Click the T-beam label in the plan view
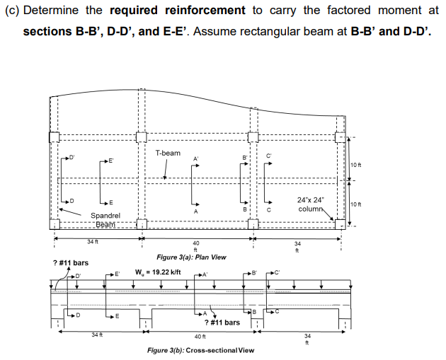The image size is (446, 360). [x=167, y=153]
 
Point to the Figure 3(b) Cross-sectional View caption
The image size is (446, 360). [x=200, y=350]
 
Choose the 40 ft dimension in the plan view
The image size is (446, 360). [x=196, y=245]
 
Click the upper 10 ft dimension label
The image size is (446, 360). [x=355, y=166]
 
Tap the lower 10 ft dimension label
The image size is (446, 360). [x=355, y=204]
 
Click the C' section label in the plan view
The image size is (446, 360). [x=268, y=156]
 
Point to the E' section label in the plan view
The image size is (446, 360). [x=111, y=160]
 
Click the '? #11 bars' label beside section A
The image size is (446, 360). [x=222, y=323]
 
